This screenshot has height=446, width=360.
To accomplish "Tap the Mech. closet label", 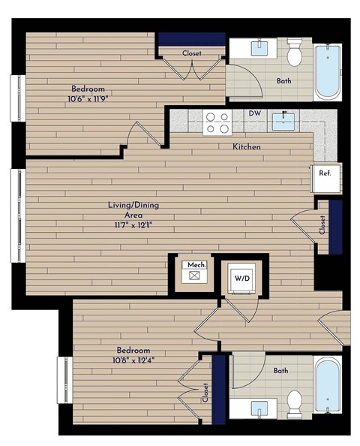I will coord(196,265).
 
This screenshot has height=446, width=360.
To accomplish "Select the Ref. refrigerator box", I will coord(325,173).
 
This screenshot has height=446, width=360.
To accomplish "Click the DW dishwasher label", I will coord(254,114).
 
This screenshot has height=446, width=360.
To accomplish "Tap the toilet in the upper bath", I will coord(295,53).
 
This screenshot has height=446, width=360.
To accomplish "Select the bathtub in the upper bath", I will coord(328,73).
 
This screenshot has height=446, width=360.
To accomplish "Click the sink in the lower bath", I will coord(260,409).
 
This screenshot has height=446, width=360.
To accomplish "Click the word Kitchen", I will coord(246,147).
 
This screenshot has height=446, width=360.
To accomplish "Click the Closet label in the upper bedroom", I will coord(192,53).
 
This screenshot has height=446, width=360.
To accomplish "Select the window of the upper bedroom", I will coord(16,96).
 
